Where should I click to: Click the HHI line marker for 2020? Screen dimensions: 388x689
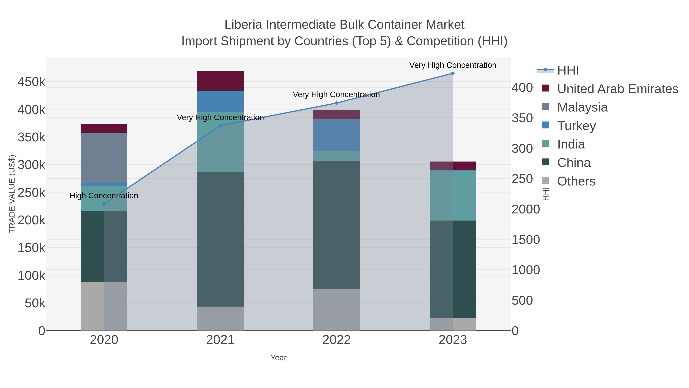point(104,204)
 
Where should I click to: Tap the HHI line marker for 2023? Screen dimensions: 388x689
point(453,73)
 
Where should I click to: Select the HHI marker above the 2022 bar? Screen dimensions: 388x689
point(336,103)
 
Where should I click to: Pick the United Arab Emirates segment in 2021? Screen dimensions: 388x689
point(220,81)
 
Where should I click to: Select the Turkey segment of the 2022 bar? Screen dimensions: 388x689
point(336,135)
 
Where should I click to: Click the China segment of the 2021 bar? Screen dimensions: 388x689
point(220,239)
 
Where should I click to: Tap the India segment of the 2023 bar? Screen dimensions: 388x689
point(453,195)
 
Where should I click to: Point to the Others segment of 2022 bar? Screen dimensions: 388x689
point(336,310)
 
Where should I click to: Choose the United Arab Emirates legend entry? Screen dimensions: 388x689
point(617,89)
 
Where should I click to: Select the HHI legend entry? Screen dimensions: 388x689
point(568,71)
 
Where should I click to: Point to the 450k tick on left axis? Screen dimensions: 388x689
point(31,82)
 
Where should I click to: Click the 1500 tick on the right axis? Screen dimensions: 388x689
point(525,240)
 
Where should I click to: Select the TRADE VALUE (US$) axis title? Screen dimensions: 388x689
point(12,194)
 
